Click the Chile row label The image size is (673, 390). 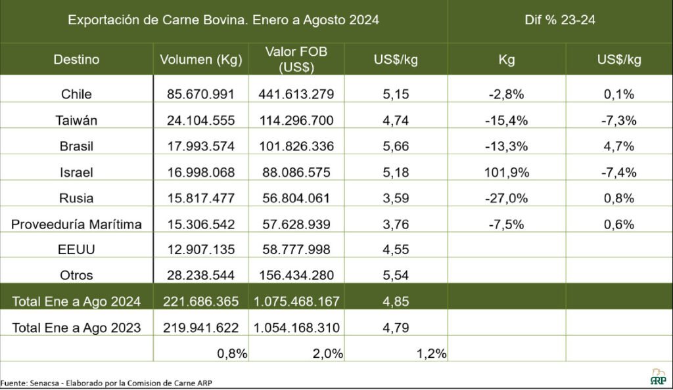click(x=76, y=95)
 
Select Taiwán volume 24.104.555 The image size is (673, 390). click(x=201, y=120)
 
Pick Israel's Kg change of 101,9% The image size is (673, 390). click(x=506, y=173)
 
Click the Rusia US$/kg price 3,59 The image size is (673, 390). click(x=396, y=198)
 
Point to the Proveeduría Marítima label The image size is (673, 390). click(x=77, y=225)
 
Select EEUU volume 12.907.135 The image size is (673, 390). click(x=201, y=250)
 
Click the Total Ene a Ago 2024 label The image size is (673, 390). click(x=76, y=302)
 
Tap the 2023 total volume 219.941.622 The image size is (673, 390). click(x=201, y=328)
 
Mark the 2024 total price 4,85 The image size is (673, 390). click(x=396, y=302)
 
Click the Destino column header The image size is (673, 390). click(x=76, y=60)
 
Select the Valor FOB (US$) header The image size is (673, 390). click(x=296, y=59)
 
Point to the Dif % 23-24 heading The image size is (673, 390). click(x=561, y=20)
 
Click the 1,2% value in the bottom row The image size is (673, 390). click(x=431, y=353)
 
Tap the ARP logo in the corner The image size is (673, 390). click(x=657, y=377)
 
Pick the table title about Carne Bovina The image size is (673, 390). click(x=223, y=20)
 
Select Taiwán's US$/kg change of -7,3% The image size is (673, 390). click(x=618, y=120)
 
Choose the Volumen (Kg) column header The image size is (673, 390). click(x=201, y=60)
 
